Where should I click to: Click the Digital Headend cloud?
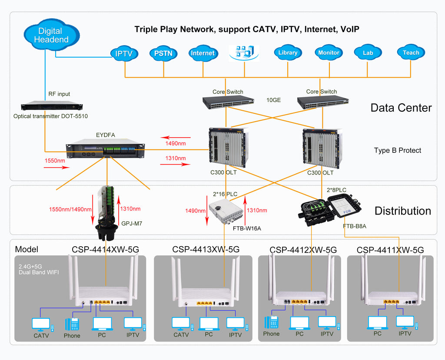point(51,35)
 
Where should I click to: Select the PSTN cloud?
point(163,53)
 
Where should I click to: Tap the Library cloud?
point(288,53)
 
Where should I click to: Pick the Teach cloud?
point(411,53)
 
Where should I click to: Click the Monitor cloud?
point(329,53)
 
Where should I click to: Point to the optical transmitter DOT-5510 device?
point(52,106)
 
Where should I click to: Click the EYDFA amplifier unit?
point(105,150)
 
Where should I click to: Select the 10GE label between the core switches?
point(274,100)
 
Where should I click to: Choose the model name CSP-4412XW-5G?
point(303,250)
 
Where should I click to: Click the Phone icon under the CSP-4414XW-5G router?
point(72,324)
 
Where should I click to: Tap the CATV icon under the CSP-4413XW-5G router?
point(181,324)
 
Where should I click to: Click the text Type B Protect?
point(398,150)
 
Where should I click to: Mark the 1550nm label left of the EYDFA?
point(55,161)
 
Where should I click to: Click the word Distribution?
point(403,211)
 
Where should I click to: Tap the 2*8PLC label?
point(336,190)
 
